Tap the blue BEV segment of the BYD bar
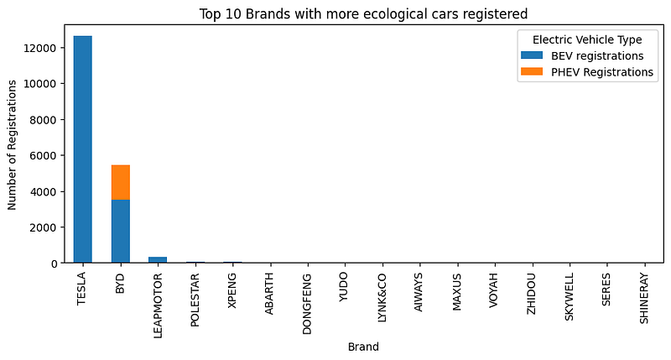point(120,231)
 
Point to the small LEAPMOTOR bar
point(158,260)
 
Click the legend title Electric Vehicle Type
point(587,39)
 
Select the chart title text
point(362,13)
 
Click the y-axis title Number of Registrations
point(13,143)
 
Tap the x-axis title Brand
point(363,346)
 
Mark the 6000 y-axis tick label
point(44,155)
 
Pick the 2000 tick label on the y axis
point(44,227)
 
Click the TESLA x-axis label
point(82,289)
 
